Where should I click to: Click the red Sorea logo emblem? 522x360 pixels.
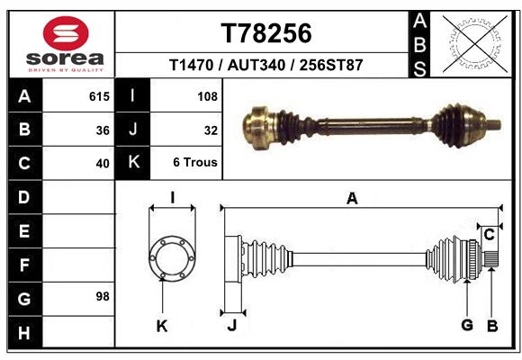click(x=66, y=33)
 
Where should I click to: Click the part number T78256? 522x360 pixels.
click(x=266, y=33)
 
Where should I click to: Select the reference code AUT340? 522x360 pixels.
click(x=256, y=65)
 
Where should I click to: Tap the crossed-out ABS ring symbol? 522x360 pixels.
click(x=475, y=43)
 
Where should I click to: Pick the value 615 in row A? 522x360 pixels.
click(x=99, y=96)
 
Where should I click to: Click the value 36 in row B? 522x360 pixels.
click(x=103, y=130)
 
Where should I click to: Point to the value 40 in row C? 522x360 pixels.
click(x=103, y=164)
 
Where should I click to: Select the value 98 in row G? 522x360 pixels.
click(x=103, y=296)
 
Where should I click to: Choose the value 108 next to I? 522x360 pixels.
click(x=207, y=96)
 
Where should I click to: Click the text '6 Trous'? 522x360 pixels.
click(x=195, y=162)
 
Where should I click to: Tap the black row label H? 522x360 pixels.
click(x=25, y=332)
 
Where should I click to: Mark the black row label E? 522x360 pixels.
click(x=25, y=231)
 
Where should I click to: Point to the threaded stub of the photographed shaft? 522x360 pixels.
click(x=494, y=125)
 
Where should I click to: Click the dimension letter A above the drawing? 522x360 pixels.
click(x=352, y=199)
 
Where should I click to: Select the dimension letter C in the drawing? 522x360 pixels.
click(x=489, y=235)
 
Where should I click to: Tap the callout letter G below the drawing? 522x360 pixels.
click(x=467, y=325)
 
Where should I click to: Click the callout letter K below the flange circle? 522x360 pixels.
click(x=162, y=327)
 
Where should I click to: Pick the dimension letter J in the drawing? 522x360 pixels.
click(x=232, y=325)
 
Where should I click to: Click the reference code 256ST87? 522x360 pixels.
click(x=331, y=65)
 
